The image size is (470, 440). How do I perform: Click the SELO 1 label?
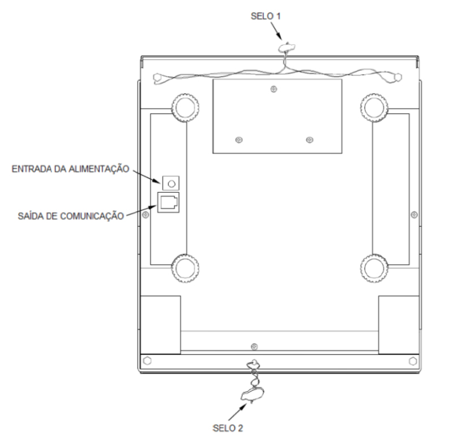[266, 16]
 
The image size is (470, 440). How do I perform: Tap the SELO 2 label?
[228, 428]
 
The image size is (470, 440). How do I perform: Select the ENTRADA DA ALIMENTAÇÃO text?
[70, 168]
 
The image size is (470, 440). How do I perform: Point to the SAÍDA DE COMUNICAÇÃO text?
[71, 216]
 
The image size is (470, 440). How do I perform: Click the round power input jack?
[171, 183]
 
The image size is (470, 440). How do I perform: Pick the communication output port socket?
[168, 202]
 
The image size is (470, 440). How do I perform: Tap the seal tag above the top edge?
[287, 47]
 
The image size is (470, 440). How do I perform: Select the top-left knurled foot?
[185, 108]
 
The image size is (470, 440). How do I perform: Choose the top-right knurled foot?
[374, 108]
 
